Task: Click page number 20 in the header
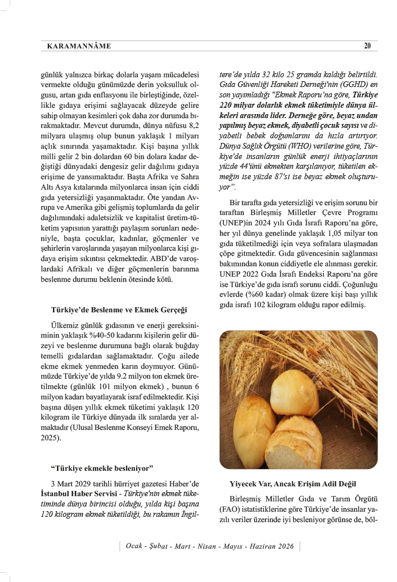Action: point(367,46)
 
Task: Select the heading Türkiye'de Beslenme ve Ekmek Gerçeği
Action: point(119,309)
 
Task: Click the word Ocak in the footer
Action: point(137,546)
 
